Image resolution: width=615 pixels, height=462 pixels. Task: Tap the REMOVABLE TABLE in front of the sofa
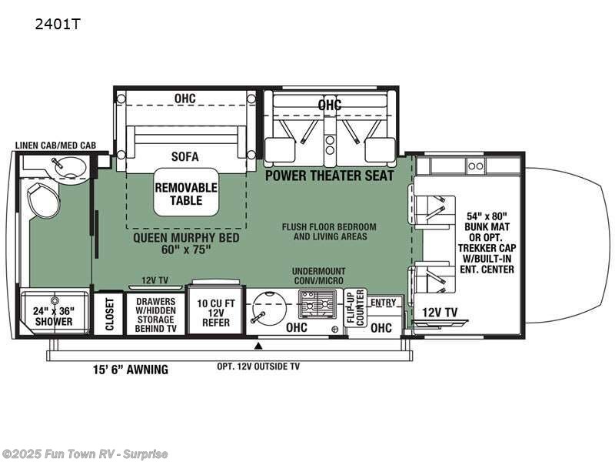coord(186,193)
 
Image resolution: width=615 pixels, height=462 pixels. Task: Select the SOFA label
coord(185,156)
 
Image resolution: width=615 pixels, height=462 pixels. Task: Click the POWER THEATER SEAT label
coord(330,176)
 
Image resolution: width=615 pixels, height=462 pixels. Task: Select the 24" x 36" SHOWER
coord(52,316)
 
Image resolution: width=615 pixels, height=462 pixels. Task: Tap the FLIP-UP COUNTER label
coord(354,308)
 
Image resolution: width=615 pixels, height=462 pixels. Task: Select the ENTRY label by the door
coord(383,303)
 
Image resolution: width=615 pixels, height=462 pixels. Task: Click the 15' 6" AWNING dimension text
coord(127,370)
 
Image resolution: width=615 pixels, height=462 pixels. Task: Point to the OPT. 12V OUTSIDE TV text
coord(258,367)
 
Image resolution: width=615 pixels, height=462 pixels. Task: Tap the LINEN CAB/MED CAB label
coord(55,145)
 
